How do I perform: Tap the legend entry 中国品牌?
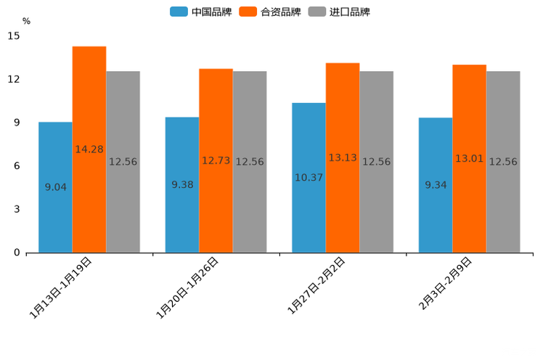[x=201, y=12]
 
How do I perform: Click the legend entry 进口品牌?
[x=340, y=12]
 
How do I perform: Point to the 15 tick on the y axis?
[x=14, y=36]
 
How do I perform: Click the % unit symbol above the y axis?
[x=26, y=21]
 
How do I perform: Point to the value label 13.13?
[x=343, y=157]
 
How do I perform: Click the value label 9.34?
[x=435, y=185]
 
